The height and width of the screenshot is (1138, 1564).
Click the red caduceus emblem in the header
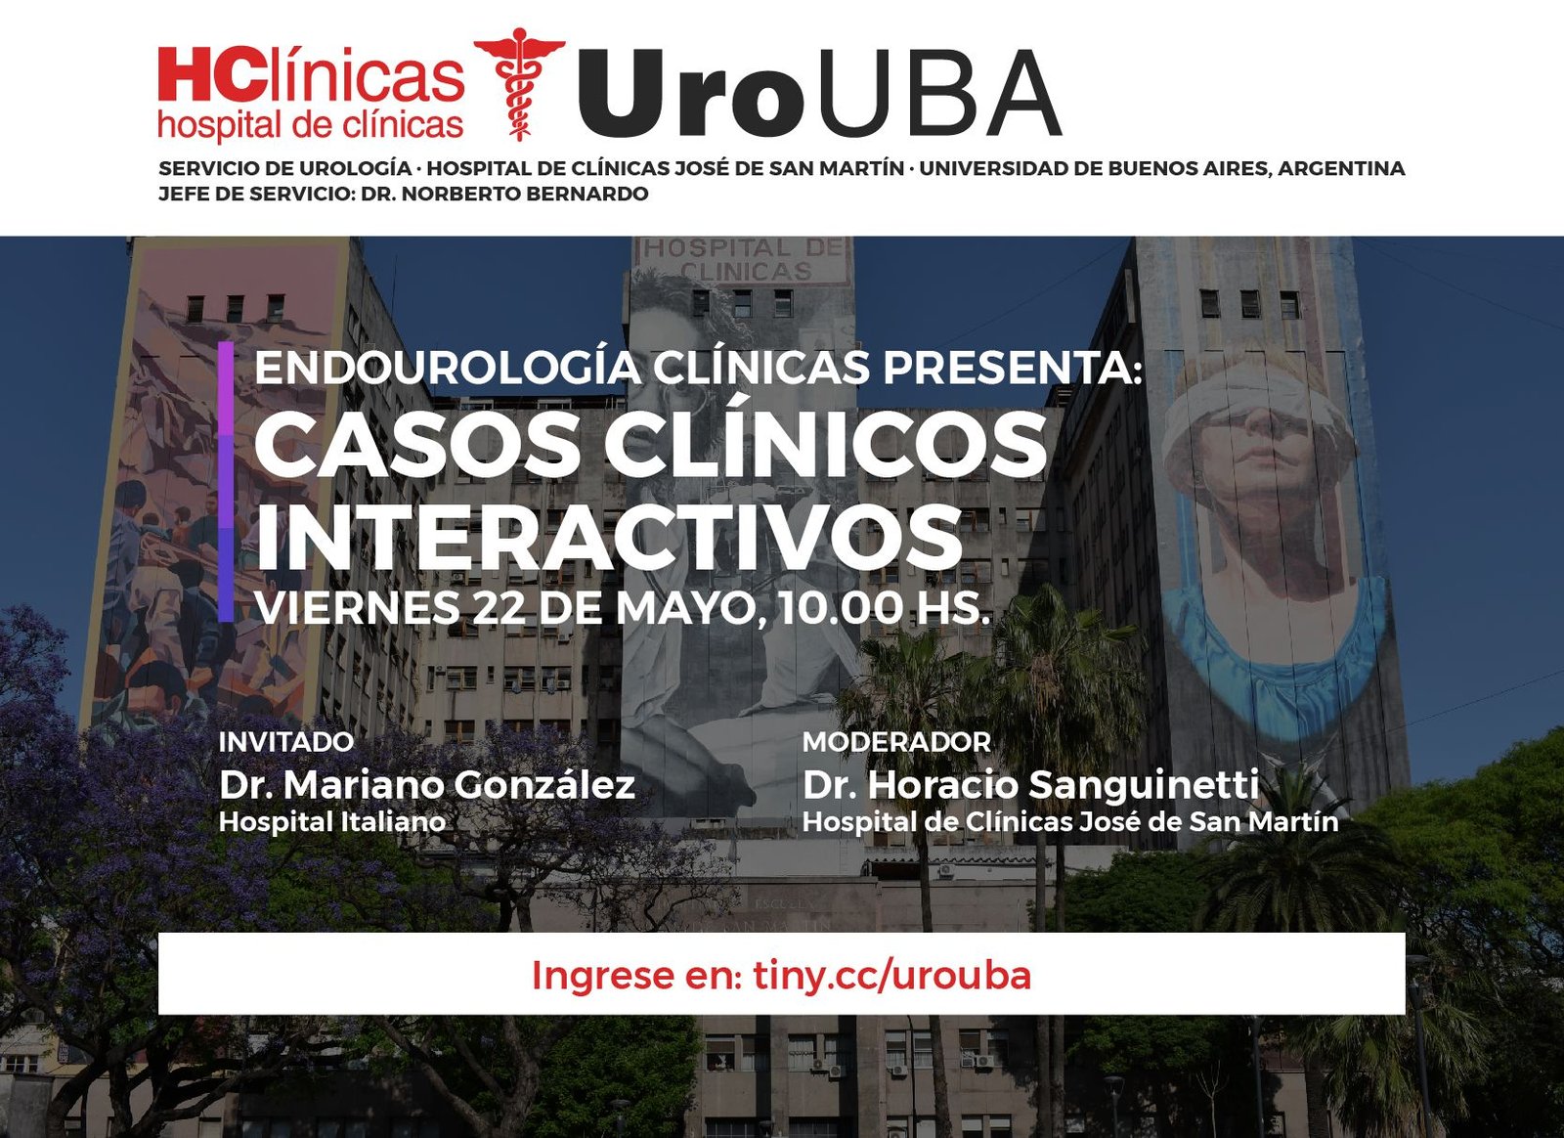519,84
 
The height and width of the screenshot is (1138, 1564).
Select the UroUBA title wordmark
820,94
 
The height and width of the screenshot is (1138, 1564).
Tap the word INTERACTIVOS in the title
608,539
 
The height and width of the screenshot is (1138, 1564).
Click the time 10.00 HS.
884,607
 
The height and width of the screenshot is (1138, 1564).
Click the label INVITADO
286,742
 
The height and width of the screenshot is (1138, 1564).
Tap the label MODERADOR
896,742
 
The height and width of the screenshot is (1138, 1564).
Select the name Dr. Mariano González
427,785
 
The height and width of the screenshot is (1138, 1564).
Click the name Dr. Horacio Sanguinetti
1031,785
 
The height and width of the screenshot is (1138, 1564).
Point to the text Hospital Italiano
332,822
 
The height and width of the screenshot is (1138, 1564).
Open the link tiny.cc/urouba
892,976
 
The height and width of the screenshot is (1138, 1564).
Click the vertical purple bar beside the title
226,481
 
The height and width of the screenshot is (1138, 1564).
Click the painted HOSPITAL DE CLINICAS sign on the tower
744,258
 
